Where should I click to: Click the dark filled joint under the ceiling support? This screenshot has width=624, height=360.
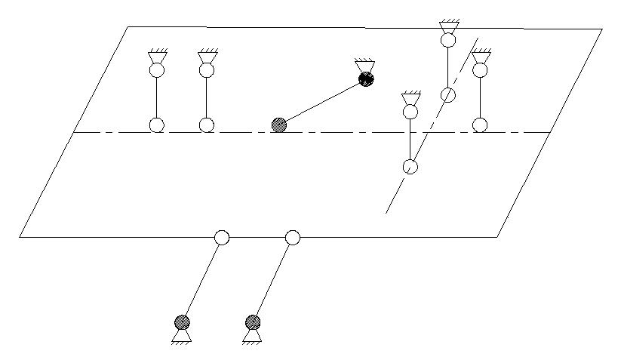pyautogui.click(x=367, y=78)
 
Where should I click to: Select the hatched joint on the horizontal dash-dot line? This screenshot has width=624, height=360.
pyautogui.click(x=279, y=125)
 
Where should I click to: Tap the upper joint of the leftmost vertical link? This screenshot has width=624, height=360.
pyautogui.click(x=156, y=70)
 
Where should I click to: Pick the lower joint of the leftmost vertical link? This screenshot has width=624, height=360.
pyautogui.click(x=156, y=125)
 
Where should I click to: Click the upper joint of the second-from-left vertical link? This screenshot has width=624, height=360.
pyautogui.click(x=206, y=70)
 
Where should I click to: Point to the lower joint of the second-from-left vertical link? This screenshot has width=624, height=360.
pyautogui.click(x=206, y=125)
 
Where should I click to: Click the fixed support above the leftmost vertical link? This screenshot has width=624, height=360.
pyautogui.click(x=158, y=57)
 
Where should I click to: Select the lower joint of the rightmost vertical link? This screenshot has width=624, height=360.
pyautogui.click(x=480, y=125)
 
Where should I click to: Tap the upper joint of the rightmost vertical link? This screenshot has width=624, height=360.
pyautogui.click(x=480, y=70)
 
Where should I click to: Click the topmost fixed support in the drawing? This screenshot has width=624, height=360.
pyautogui.click(x=448, y=26)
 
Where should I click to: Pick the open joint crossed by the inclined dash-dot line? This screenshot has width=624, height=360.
pyautogui.click(x=448, y=94)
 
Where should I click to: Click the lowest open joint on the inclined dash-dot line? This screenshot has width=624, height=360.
pyautogui.click(x=410, y=166)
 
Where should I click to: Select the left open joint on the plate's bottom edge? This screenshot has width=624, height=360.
pyautogui.click(x=221, y=238)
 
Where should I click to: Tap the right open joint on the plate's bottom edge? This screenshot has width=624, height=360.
pyautogui.click(x=293, y=238)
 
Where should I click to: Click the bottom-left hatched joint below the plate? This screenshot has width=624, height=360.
pyautogui.click(x=182, y=322)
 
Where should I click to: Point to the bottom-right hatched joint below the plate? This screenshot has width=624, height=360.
pyautogui.click(x=254, y=322)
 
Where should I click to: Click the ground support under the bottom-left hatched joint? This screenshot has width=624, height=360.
pyautogui.click(x=182, y=336)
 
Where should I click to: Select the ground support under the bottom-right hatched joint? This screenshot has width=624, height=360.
pyautogui.click(x=254, y=336)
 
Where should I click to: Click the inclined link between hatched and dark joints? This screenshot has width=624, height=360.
pyautogui.click(x=323, y=102)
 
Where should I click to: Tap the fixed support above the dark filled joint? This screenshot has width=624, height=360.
pyautogui.click(x=364, y=66)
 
